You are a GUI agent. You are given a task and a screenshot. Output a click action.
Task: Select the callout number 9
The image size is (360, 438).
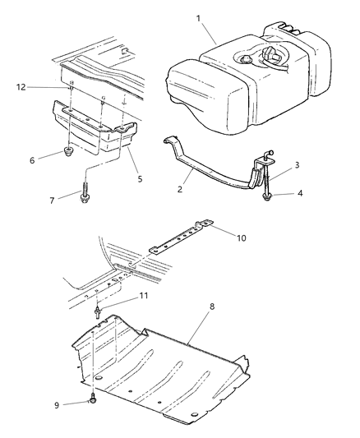pyautogui.click(x=57, y=403)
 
